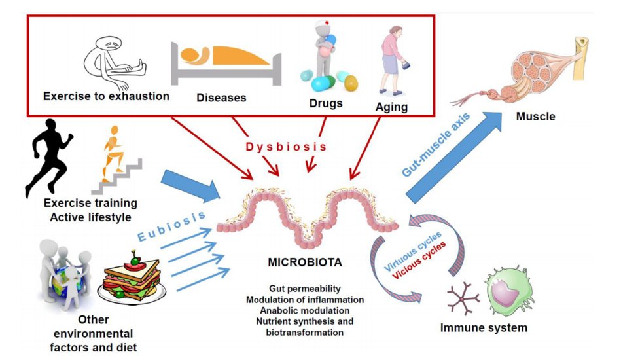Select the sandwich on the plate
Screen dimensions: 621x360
(x=132, y=278)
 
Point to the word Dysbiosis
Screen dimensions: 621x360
(x=287, y=147)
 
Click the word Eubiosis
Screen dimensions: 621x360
(x=171, y=226)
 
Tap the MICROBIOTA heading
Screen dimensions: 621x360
(x=304, y=262)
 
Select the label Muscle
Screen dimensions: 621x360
(x=535, y=117)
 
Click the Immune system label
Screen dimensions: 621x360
(x=484, y=328)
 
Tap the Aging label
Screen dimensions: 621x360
(x=391, y=107)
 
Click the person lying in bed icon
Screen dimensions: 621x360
(x=226, y=63)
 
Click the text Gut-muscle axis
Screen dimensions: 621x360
(x=436, y=145)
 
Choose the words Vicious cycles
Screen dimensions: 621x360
(x=419, y=261)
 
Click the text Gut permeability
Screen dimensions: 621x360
(x=304, y=289)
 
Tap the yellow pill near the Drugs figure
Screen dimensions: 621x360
(x=351, y=83)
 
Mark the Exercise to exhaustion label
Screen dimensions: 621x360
(x=106, y=96)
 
